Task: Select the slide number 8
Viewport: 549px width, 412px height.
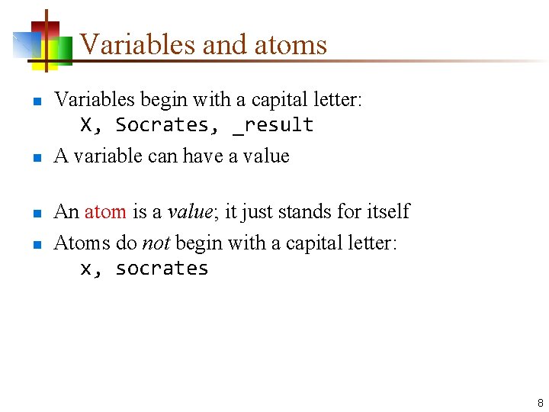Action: point(540,402)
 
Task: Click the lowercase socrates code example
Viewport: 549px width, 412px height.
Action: point(162,269)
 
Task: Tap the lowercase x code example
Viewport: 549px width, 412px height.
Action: point(86,269)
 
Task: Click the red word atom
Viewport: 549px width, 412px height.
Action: point(105,211)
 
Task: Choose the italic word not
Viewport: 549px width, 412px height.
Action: point(156,243)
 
